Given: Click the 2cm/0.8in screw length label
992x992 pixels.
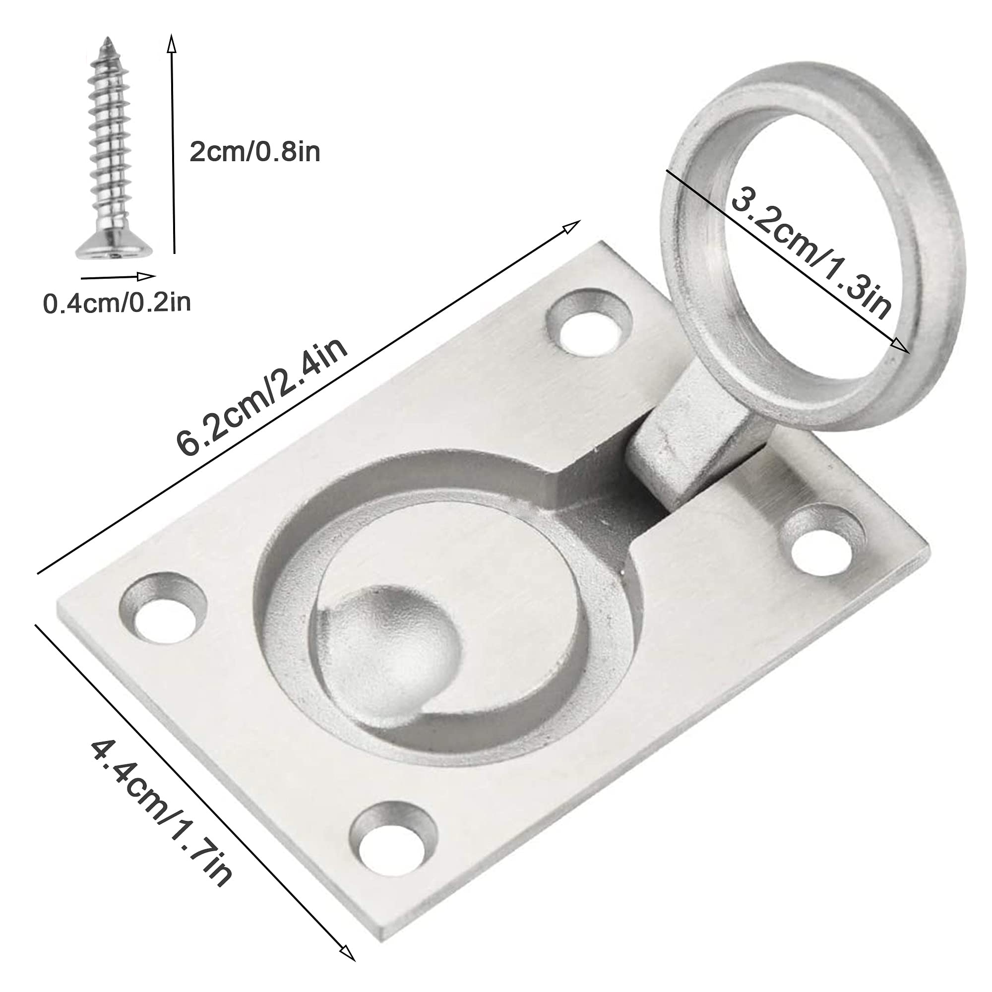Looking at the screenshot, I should (x=254, y=152).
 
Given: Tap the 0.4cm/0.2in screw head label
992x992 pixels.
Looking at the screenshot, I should (x=117, y=303).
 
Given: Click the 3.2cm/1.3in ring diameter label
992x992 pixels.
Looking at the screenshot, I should (x=811, y=252).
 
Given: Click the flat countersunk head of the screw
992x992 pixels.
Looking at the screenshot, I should (x=115, y=250).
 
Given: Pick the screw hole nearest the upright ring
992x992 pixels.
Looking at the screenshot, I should (x=589, y=322).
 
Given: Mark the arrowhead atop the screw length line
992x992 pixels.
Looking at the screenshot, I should (x=172, y=43).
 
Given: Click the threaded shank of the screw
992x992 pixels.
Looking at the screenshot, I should (x=109, y=144).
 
